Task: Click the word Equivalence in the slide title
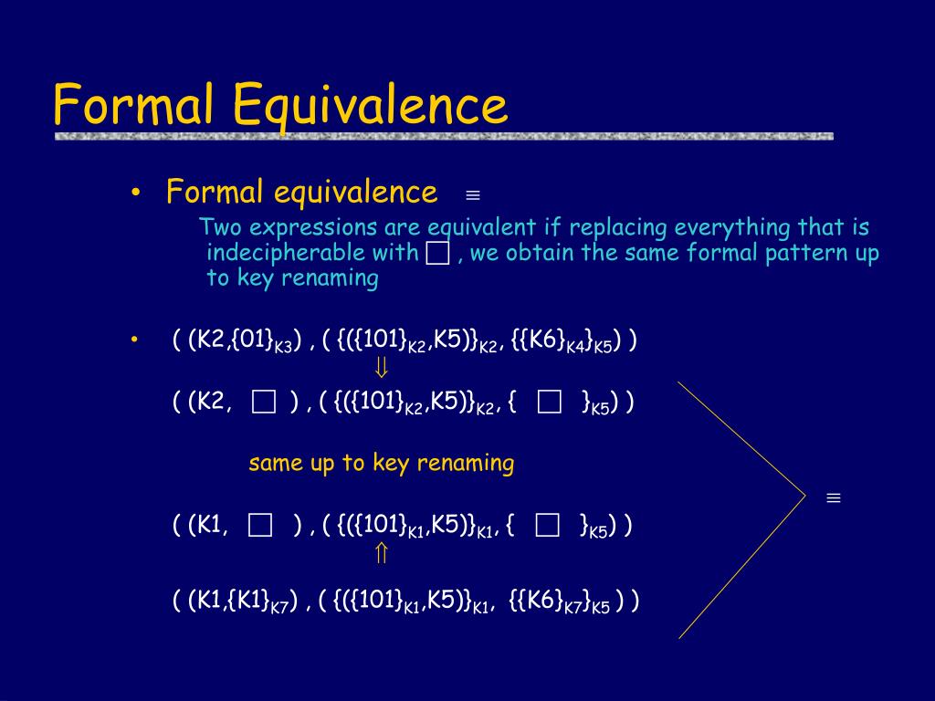tap(370, 105)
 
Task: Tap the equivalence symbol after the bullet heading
tap(473, 195)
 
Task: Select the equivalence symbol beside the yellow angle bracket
tap(834, 497)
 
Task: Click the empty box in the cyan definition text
tap(437, 253)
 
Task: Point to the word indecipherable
tap(312, 252)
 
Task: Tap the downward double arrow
tap(382, 367)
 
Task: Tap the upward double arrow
tap(382, 553)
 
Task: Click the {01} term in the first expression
tap(253, 340)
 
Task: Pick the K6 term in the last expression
tap(539, 599)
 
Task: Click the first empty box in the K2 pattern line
tap(264, 402)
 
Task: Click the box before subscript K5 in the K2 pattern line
tap(549, 402)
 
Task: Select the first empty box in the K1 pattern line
tap(260, 525)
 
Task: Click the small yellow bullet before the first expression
tap(135, 340)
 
